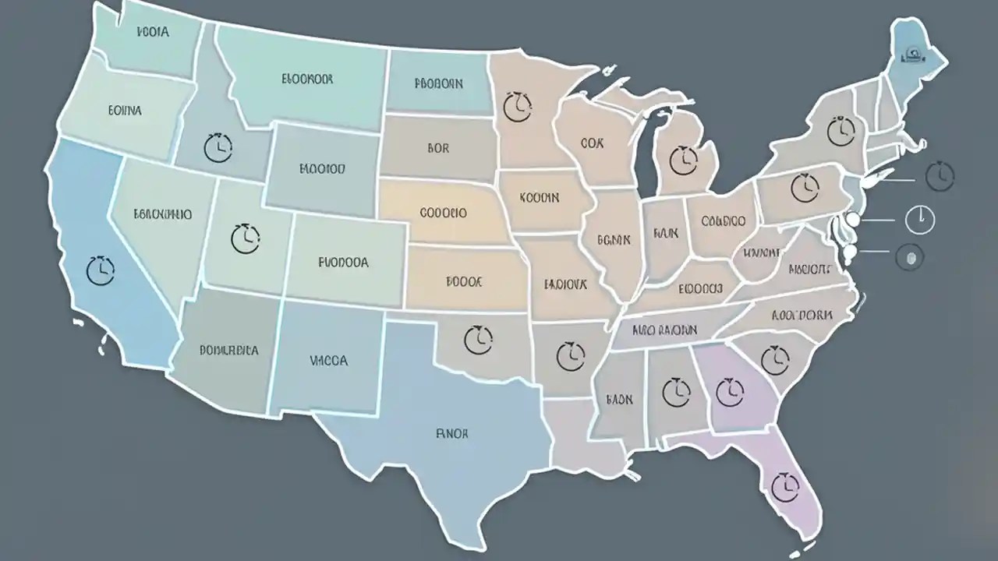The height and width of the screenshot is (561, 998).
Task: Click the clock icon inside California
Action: click(x=100, y=270)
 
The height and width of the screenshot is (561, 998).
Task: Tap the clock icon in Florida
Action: click(x=785, y=487)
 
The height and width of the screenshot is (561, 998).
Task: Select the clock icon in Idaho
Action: click(x=218, y=146)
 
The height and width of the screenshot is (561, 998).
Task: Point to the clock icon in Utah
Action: click(x=246, y=238)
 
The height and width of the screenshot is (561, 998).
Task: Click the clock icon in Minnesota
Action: click(x=517, y=107)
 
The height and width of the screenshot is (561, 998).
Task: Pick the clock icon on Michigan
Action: click(x=684, y=160)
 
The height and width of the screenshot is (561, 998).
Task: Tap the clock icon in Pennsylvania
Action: click(x=804, y=188)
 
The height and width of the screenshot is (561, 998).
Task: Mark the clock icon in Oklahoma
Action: click(x=478, y=340)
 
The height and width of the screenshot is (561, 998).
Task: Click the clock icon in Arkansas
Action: click(x=571, y=355)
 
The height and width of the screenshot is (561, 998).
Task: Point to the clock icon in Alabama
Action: click(x=676, y=391)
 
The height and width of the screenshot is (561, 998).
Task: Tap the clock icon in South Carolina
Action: click(x=774, y=359)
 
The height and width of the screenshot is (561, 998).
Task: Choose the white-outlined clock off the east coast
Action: click(x=920, y=220)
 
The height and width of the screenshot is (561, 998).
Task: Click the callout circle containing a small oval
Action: click(x=909, y=256)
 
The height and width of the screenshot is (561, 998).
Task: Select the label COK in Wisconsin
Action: click(x=593, y=144)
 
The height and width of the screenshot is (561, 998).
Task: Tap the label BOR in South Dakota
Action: click(x=438, y=147)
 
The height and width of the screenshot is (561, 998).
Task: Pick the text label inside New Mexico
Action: click(x=328, y=361)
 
